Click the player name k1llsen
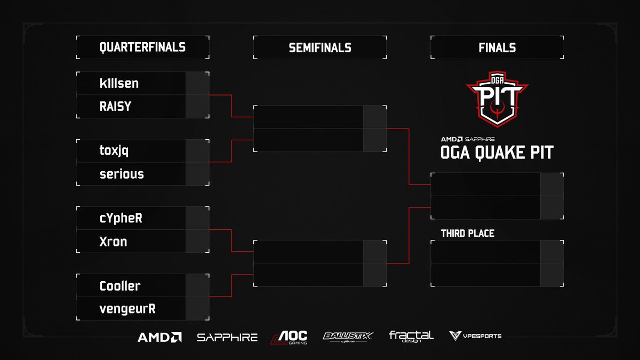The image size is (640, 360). coord(119,83)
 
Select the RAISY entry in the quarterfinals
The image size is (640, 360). coord(115,107)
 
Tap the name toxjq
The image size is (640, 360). coord(114,151)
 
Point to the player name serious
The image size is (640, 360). coord(122,174)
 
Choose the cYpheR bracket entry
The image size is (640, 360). coord(121,219)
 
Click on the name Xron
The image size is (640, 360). coord(113,242)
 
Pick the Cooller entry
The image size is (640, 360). coord(120,286)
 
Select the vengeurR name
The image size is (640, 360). coord(127,309)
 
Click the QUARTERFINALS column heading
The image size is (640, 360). coord(142,47)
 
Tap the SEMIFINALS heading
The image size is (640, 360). coord(320,48)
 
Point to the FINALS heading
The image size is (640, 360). coord(497,48)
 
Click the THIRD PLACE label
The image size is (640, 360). coord(468,234)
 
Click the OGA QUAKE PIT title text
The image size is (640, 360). coord(497,153)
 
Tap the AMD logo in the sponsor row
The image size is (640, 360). coord(159,337)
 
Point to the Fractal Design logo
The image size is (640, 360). coord(411,337)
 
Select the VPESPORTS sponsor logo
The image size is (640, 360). coord(475,336)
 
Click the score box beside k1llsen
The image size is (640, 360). coord(197,83)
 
